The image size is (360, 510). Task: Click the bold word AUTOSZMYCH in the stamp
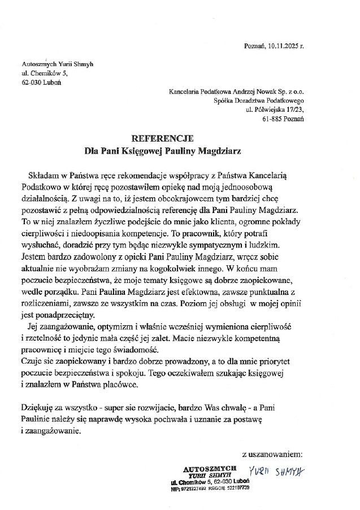(x=206, y=469)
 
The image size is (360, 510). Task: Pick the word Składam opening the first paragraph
(x=41, y=177)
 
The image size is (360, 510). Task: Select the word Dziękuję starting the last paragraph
(x=38, y=407)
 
